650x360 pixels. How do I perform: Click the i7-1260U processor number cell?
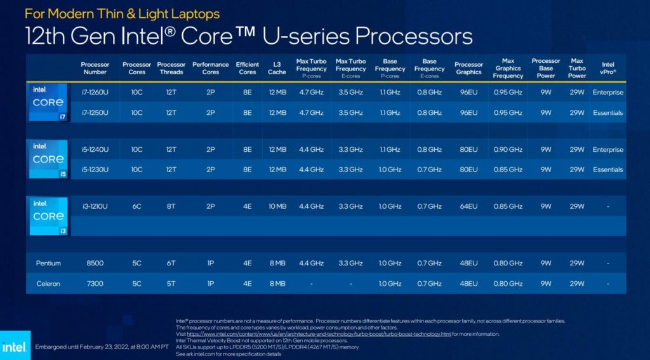(95, 92)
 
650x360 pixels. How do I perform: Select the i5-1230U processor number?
(95, 170)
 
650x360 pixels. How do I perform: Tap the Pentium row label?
(48, 263)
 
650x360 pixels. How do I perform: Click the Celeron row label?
(48, 284)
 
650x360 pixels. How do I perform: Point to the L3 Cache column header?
(277, 68)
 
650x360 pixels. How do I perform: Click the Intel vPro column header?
(607, 68)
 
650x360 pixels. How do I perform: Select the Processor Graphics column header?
(468, 68)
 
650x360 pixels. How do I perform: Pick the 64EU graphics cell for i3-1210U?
(468, 206)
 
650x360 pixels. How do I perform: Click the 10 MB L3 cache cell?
(277, 206)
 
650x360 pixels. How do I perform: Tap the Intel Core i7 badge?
(48, 102)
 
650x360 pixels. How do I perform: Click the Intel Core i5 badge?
(48, 159)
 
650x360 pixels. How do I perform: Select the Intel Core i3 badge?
(48, 216)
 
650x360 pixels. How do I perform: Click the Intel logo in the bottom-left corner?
(14, 347)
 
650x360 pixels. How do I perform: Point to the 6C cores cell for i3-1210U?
(136, 206)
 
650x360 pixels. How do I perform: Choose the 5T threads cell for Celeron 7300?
(171, 284)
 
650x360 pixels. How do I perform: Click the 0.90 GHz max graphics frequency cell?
(508, 150)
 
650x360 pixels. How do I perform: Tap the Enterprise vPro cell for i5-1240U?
(607, 150)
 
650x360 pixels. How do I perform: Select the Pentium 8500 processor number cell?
(95, 263)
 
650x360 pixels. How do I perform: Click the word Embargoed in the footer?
(54, 347)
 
